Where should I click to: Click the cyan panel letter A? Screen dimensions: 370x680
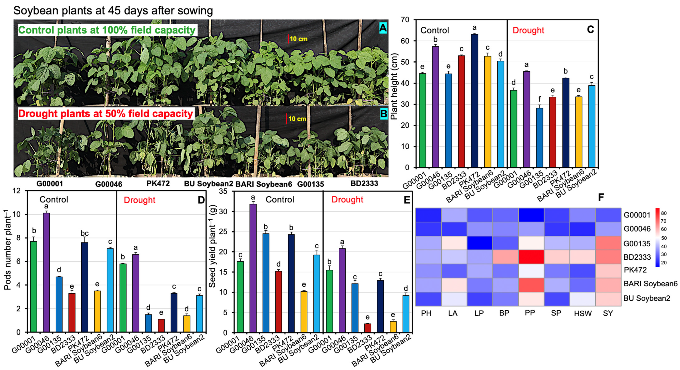[383, 28]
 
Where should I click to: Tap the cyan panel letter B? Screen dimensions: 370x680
[383, 114]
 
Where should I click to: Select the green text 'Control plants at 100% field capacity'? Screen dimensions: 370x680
[107, 30]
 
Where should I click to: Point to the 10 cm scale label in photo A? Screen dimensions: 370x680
[299, 39]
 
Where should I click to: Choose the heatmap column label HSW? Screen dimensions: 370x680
[583, 313]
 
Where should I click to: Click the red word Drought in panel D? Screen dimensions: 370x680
[139, 200]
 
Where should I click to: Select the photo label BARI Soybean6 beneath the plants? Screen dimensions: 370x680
[264, 184]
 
